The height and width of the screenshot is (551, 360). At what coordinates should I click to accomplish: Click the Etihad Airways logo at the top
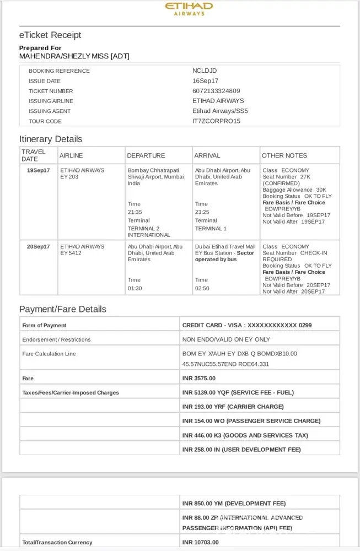pos(189,9)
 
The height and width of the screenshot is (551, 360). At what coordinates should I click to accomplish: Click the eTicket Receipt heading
pos(50,35)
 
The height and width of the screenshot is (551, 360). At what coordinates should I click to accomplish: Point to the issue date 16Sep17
pos(205,81)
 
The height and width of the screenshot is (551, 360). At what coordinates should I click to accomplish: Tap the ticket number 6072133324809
pos(216,91)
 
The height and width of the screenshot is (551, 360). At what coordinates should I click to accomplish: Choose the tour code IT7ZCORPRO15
pos(216,121)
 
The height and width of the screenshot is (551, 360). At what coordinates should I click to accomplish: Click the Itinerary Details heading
pos(51,139)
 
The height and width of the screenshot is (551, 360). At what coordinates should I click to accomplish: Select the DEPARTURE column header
pos(146,155)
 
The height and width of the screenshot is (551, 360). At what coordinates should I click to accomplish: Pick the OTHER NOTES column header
pos(284,155)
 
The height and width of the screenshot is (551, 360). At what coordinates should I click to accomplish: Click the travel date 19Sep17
pos(38,170)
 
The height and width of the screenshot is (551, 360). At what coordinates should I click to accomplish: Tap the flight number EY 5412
pos(70,253)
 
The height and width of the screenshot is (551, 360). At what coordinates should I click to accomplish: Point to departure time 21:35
pos(135,212)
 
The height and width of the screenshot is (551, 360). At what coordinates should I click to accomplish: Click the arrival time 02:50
pos(202,288)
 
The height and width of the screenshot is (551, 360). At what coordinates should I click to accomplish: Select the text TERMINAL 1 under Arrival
pos(211,229)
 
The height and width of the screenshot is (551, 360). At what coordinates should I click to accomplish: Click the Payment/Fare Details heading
pos(63,309)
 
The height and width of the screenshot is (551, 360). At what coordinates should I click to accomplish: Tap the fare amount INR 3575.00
pos(199,379)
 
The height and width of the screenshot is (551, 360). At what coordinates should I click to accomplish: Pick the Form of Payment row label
pos(44,326)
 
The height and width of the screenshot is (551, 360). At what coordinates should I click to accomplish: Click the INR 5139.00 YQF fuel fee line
pos(238,393)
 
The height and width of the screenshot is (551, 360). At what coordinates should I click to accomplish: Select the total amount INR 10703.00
pos(201,543)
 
